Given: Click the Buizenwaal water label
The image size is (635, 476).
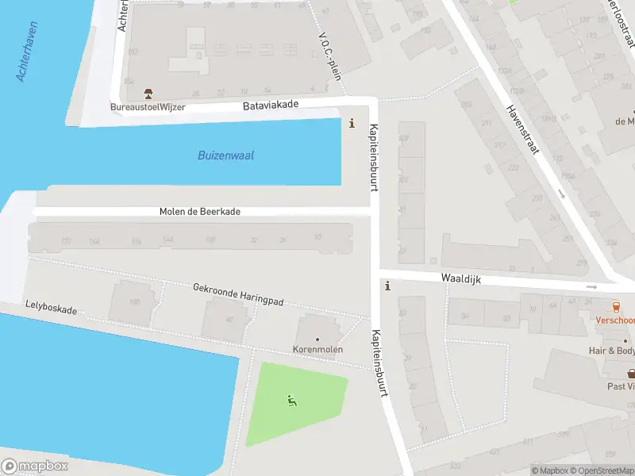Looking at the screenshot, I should click(x=225, y=155).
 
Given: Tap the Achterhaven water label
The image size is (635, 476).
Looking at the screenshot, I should click(x=28, y=52).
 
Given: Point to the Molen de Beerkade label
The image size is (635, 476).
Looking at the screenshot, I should click(x=199, y=212).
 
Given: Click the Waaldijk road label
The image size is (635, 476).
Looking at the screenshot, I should click(x=463, y=279).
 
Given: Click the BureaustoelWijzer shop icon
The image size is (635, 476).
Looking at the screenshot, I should click(x=148, y=94).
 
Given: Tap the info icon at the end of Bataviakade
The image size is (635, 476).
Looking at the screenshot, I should click(x=352, y=123).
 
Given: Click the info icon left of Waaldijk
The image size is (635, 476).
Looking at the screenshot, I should click(x=387, y=286).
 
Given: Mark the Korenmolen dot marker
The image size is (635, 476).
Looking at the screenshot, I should click(x=317, y=340).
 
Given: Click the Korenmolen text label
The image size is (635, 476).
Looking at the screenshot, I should click(x=317, y=349).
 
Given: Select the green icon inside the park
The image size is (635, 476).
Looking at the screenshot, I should click(x=291, y=401).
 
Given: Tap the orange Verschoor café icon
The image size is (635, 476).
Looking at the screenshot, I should click(x=615, y=307).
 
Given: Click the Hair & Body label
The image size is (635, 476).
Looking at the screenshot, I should click(x=611, y=351).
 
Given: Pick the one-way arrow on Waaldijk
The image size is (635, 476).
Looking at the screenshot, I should click(x=590, y=286).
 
